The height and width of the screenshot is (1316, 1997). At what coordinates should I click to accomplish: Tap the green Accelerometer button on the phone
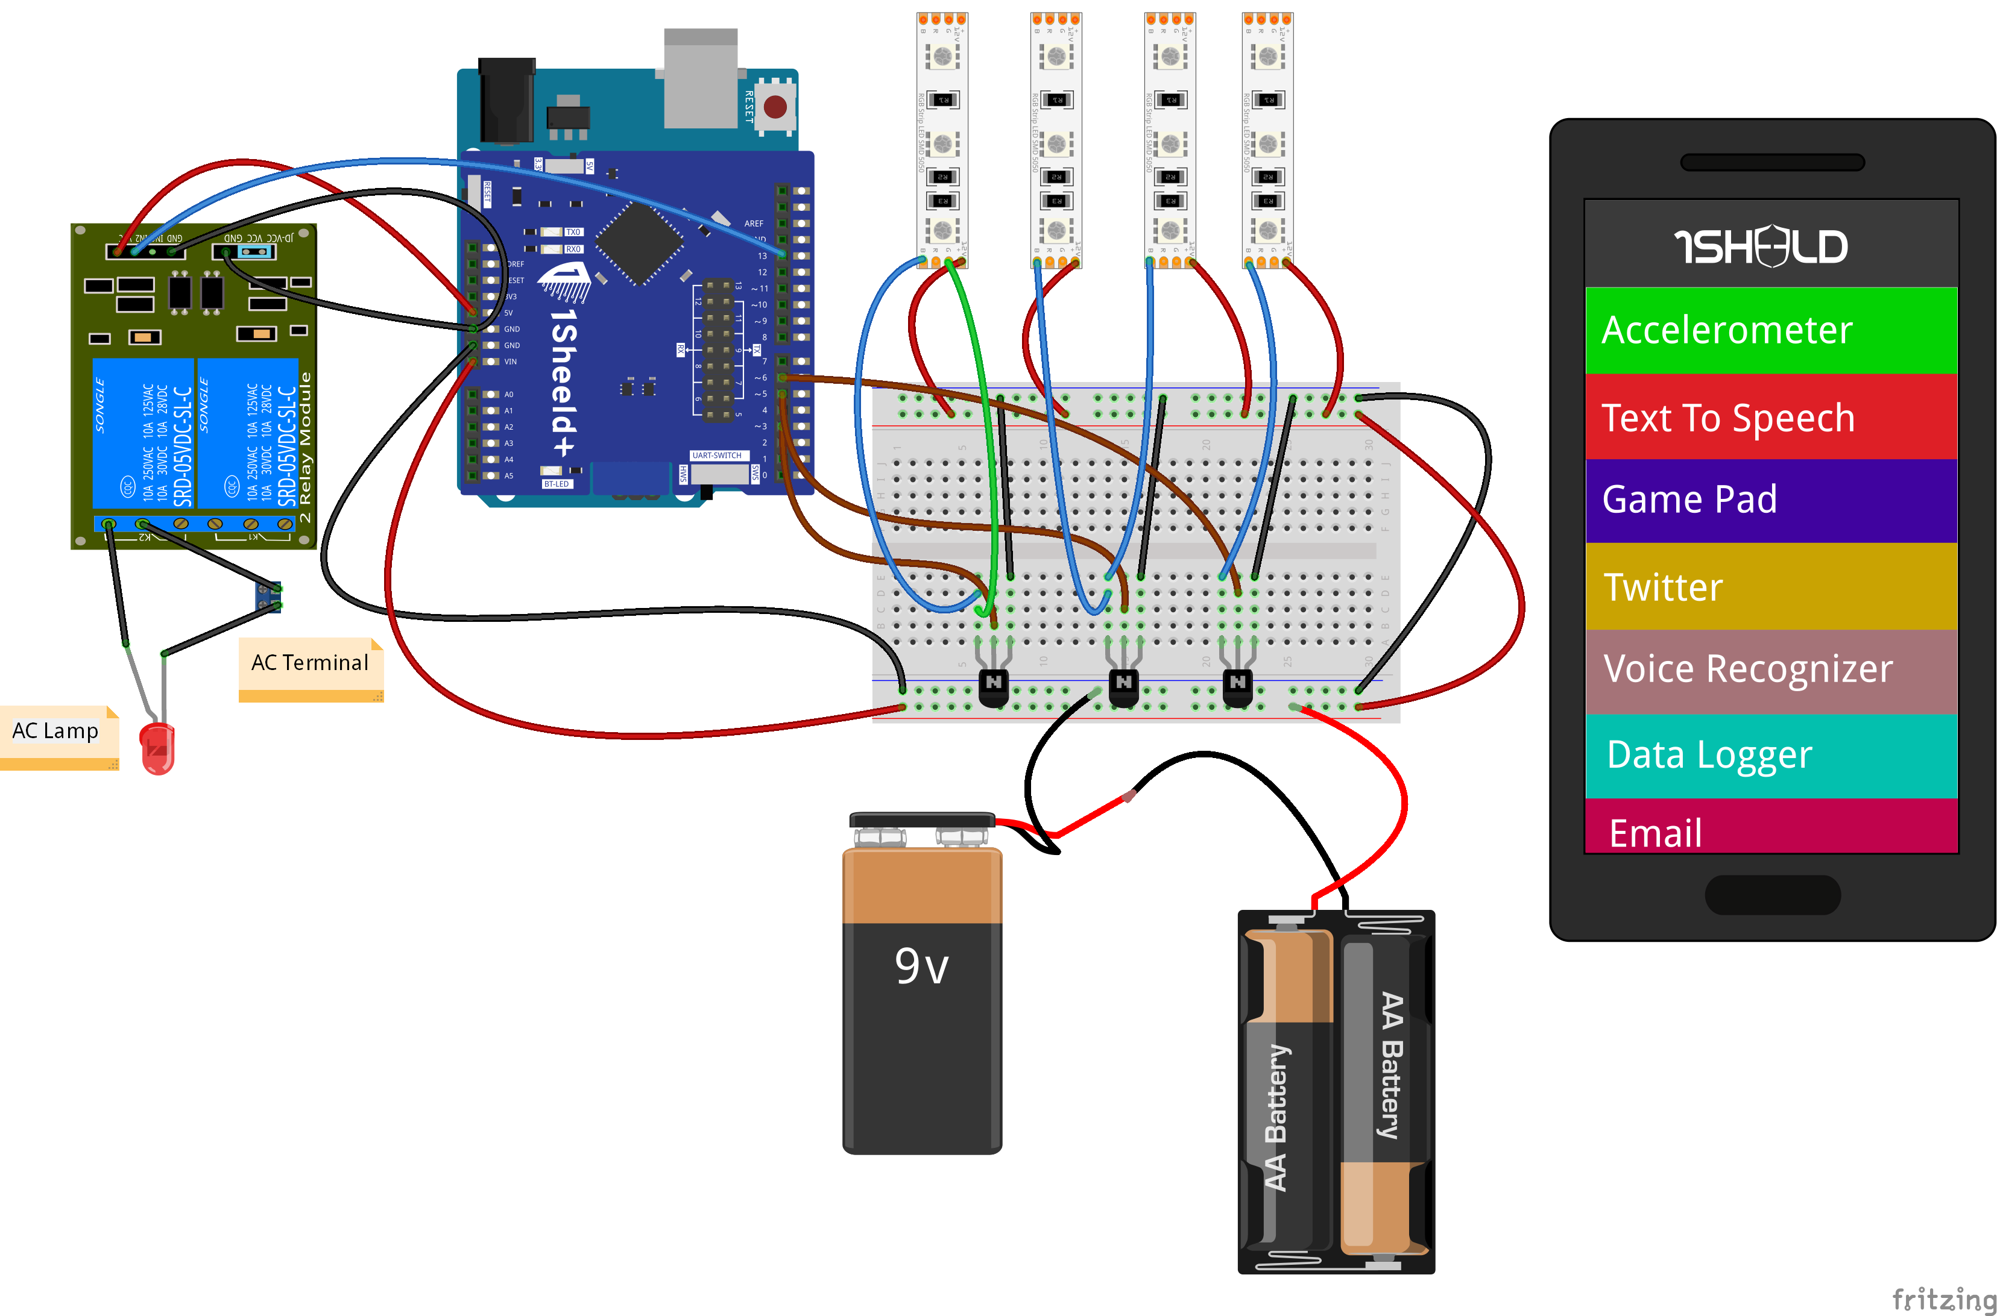[1770, 330]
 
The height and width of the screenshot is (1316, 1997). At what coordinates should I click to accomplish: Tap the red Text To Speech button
[1770, 417]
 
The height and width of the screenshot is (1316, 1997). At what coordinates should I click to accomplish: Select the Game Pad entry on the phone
[1770, 500]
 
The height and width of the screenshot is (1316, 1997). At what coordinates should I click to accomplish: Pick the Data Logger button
[1770, 754]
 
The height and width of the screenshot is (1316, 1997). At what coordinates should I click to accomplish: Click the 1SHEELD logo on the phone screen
[1761, 246]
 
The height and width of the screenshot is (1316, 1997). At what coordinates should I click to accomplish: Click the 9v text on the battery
[921, 965]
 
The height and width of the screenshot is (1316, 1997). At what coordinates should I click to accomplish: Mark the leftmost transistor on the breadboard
[994, 686]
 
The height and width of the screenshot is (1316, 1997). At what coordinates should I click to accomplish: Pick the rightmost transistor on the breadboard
[1237, 686]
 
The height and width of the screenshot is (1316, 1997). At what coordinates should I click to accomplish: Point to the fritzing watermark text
[1942, 1299]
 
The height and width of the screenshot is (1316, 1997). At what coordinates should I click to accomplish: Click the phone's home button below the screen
[1772, 895]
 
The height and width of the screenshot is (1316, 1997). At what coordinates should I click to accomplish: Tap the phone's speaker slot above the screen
[1772, 162]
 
